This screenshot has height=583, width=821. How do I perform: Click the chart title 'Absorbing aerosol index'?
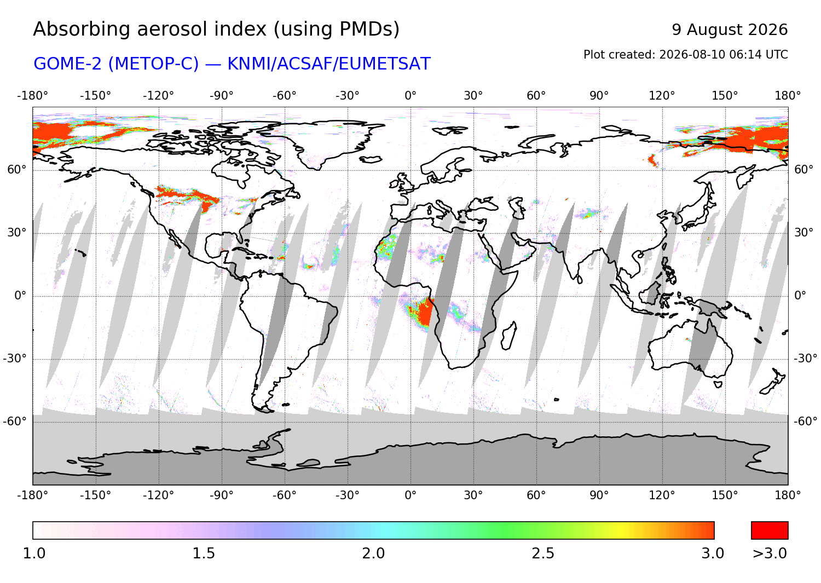[149, 30]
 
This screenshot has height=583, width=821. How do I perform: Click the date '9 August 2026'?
[730, 30]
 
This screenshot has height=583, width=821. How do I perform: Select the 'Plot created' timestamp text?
[685, 55]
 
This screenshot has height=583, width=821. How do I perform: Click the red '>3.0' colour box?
[770, 530]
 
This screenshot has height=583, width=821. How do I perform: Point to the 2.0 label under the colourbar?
[373, 553]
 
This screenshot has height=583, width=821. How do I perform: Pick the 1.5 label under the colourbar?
[204, 553]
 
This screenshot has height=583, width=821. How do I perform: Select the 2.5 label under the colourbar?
[543, 553]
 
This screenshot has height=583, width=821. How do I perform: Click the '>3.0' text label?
[770, 553]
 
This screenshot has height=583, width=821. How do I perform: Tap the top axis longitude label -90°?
[221, 96]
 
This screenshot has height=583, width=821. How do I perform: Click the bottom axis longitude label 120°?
[662, 495]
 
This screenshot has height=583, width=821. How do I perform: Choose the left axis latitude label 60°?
[17, 170]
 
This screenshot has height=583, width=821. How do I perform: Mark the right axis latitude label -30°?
[805, 358]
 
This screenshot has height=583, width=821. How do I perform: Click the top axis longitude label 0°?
[410, 96]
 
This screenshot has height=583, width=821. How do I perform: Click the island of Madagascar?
[508, 336]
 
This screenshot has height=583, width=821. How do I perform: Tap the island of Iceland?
[371, 159]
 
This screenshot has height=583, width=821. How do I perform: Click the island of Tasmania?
[718, 384]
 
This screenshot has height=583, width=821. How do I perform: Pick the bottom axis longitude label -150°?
[95, 495]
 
